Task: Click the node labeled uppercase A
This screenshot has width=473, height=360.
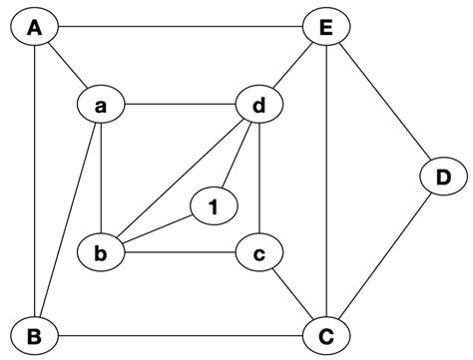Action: tap(34, 28)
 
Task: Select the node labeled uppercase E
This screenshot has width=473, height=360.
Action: tap(325, 28)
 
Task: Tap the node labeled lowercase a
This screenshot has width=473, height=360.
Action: tap(101, 104)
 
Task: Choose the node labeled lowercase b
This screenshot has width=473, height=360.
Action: tap(101, 252)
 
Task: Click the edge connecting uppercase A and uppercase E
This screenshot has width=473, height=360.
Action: tap(180, 28)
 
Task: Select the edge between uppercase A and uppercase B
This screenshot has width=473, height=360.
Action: tap(34, 180)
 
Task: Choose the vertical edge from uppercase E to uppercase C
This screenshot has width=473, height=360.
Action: tap(325, 180)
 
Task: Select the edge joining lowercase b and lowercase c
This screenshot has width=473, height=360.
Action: tap(180, 252)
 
